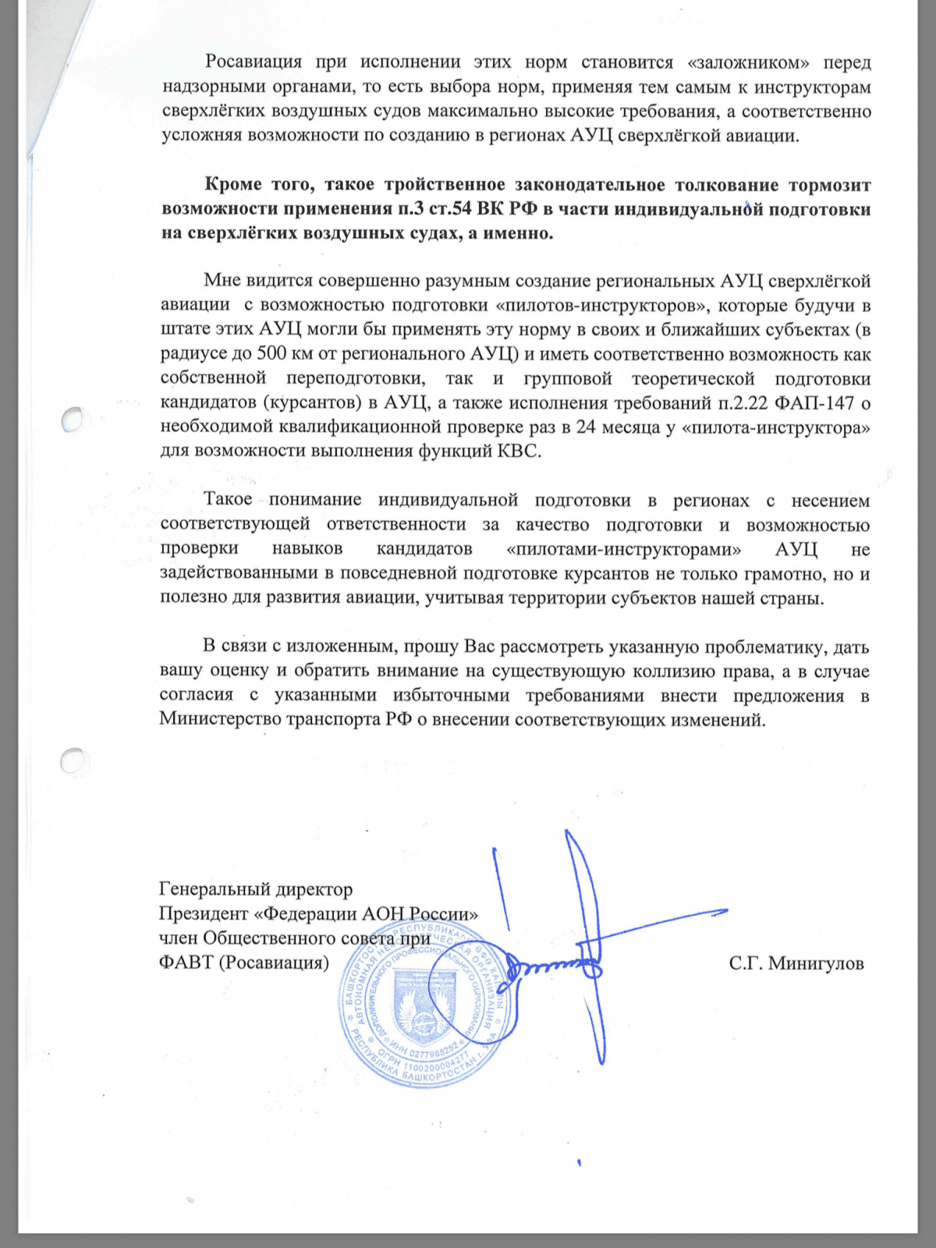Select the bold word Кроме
(x=233, y=185)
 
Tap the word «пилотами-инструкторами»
(x=624, y=549)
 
